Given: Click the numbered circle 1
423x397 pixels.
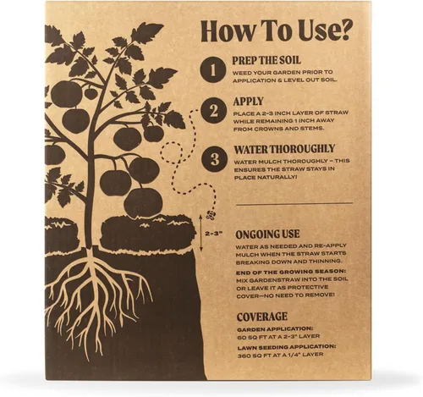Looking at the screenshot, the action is [213, 69].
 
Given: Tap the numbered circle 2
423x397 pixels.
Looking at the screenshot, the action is [214, 111].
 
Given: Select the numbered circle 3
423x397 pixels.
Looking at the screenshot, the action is [215, 159].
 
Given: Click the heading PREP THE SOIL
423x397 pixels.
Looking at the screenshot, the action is [266, 60].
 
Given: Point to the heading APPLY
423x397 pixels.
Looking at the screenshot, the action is [248, 102].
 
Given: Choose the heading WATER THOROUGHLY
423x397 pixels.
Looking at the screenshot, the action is [284, 149].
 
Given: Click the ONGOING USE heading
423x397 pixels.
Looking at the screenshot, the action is [267, 234].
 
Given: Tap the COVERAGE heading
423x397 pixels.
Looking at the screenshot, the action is [262, 317].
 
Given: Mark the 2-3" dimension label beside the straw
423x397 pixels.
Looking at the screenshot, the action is [214, 234].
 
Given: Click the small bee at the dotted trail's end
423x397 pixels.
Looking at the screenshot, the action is [211, 215].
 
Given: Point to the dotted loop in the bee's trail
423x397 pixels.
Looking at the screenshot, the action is [172, 153].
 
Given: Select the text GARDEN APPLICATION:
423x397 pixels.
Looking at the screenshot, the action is [275, 329].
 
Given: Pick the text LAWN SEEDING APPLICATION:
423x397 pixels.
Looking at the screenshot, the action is [287, 347].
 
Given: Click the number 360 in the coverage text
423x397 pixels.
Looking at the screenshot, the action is [244, 355].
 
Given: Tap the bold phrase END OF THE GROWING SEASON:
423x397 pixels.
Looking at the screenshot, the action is [291, 273].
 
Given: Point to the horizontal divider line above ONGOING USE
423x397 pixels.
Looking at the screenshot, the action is [294, 204].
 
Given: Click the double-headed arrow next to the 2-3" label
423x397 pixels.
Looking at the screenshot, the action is [201, 233].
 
